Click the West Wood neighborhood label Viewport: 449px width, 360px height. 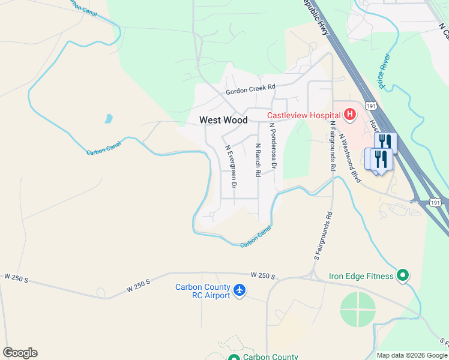click(x=223, y=120)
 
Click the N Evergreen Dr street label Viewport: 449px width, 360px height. click(x=231, y=163)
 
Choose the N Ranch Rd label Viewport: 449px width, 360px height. click(x=258, y=160)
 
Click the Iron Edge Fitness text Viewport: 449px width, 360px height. click(x=361, y=277)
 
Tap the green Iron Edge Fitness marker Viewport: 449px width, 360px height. click(x=403, y=276)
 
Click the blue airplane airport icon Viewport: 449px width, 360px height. click(x=240, y=290)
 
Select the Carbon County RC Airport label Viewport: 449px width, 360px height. click(x=202, y=291)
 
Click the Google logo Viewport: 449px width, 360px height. click(x=20, y=353)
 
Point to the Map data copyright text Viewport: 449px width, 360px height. click(x=412, y=355)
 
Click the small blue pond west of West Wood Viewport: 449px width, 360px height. click(x=108, y=118)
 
